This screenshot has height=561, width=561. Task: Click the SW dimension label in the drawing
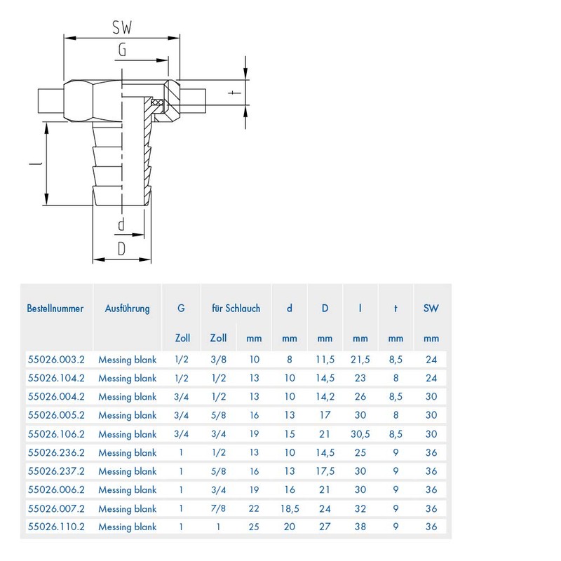122,27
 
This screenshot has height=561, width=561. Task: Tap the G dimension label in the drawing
122,50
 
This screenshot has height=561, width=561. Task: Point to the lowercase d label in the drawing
121,225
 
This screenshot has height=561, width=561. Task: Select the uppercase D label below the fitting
121,248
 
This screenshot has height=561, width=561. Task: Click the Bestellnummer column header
55,309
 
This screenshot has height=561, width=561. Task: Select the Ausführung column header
127,309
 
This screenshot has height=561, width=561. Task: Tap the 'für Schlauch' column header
236,309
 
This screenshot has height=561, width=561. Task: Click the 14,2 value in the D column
325,397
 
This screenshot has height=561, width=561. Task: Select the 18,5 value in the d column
290,508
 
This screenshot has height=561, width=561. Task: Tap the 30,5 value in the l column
360,434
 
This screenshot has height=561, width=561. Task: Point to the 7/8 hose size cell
218,508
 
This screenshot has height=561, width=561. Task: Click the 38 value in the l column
360,527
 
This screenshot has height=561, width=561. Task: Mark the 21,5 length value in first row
360,360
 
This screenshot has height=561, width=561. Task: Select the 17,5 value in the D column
325,471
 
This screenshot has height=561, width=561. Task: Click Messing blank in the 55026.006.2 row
127,489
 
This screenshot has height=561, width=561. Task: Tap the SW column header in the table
431,309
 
